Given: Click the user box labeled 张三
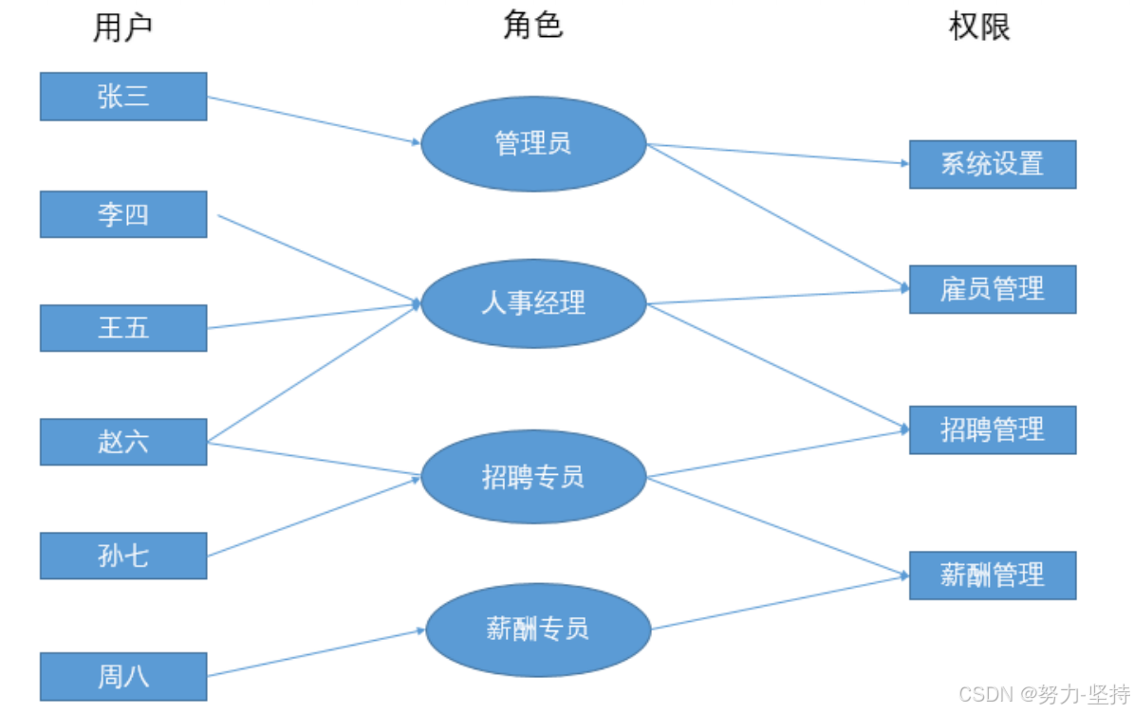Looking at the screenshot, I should [123, 97].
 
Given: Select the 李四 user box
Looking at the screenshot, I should [123, 214].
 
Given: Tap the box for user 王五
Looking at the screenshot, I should [123, 328].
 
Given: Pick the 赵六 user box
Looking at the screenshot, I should [123, 442].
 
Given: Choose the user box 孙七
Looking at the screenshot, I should [123, 556].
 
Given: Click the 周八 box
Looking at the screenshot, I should [123, 677].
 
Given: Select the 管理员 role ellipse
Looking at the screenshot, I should [533, 144].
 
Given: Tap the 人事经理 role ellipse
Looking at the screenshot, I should [533, 303].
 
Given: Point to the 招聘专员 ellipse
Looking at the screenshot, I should [533, 477].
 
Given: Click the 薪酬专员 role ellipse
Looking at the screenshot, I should [538, 630].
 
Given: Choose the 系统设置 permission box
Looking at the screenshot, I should [993, 164].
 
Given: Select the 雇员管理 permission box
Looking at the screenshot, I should [993, 289].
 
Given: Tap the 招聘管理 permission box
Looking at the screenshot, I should [993, 430].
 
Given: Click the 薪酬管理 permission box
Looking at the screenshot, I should [993, 575].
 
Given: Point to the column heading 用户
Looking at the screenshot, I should [123, 28].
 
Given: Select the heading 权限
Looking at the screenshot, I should [979, 27].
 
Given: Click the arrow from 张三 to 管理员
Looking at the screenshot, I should [313, 120].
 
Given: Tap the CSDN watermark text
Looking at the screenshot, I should [1044, 694].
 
